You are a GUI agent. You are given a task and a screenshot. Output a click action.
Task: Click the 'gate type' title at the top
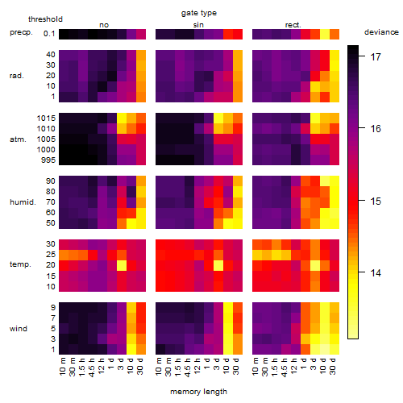199,13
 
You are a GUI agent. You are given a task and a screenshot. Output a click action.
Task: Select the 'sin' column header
198,25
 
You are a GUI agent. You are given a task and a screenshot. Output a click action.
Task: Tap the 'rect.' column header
293,25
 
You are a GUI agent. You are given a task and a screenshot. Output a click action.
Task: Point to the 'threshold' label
45,19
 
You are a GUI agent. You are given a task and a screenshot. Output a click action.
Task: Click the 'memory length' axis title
198,392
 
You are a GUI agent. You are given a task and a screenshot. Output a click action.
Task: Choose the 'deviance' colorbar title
381,32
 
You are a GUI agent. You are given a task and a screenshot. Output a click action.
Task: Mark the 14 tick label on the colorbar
376,273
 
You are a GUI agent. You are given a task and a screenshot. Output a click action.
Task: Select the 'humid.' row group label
23,202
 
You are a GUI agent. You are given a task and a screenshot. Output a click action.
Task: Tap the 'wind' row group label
19,329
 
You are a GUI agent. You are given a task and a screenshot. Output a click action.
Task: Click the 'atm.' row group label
18,139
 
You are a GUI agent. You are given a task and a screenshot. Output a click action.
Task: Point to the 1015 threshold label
46,118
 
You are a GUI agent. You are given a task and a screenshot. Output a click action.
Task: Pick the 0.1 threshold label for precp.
49,34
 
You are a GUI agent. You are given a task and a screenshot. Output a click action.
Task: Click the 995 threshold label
48,160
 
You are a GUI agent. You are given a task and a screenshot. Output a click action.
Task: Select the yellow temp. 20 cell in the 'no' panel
122,265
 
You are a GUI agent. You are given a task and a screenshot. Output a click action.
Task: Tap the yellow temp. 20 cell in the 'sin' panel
218,265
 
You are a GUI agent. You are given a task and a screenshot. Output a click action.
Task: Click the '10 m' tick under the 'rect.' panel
256,366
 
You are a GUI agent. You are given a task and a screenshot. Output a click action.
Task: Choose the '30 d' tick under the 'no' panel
140,366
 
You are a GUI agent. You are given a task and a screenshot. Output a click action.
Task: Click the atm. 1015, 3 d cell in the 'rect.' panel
315,118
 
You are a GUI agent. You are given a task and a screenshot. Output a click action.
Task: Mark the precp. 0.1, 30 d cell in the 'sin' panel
238,34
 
